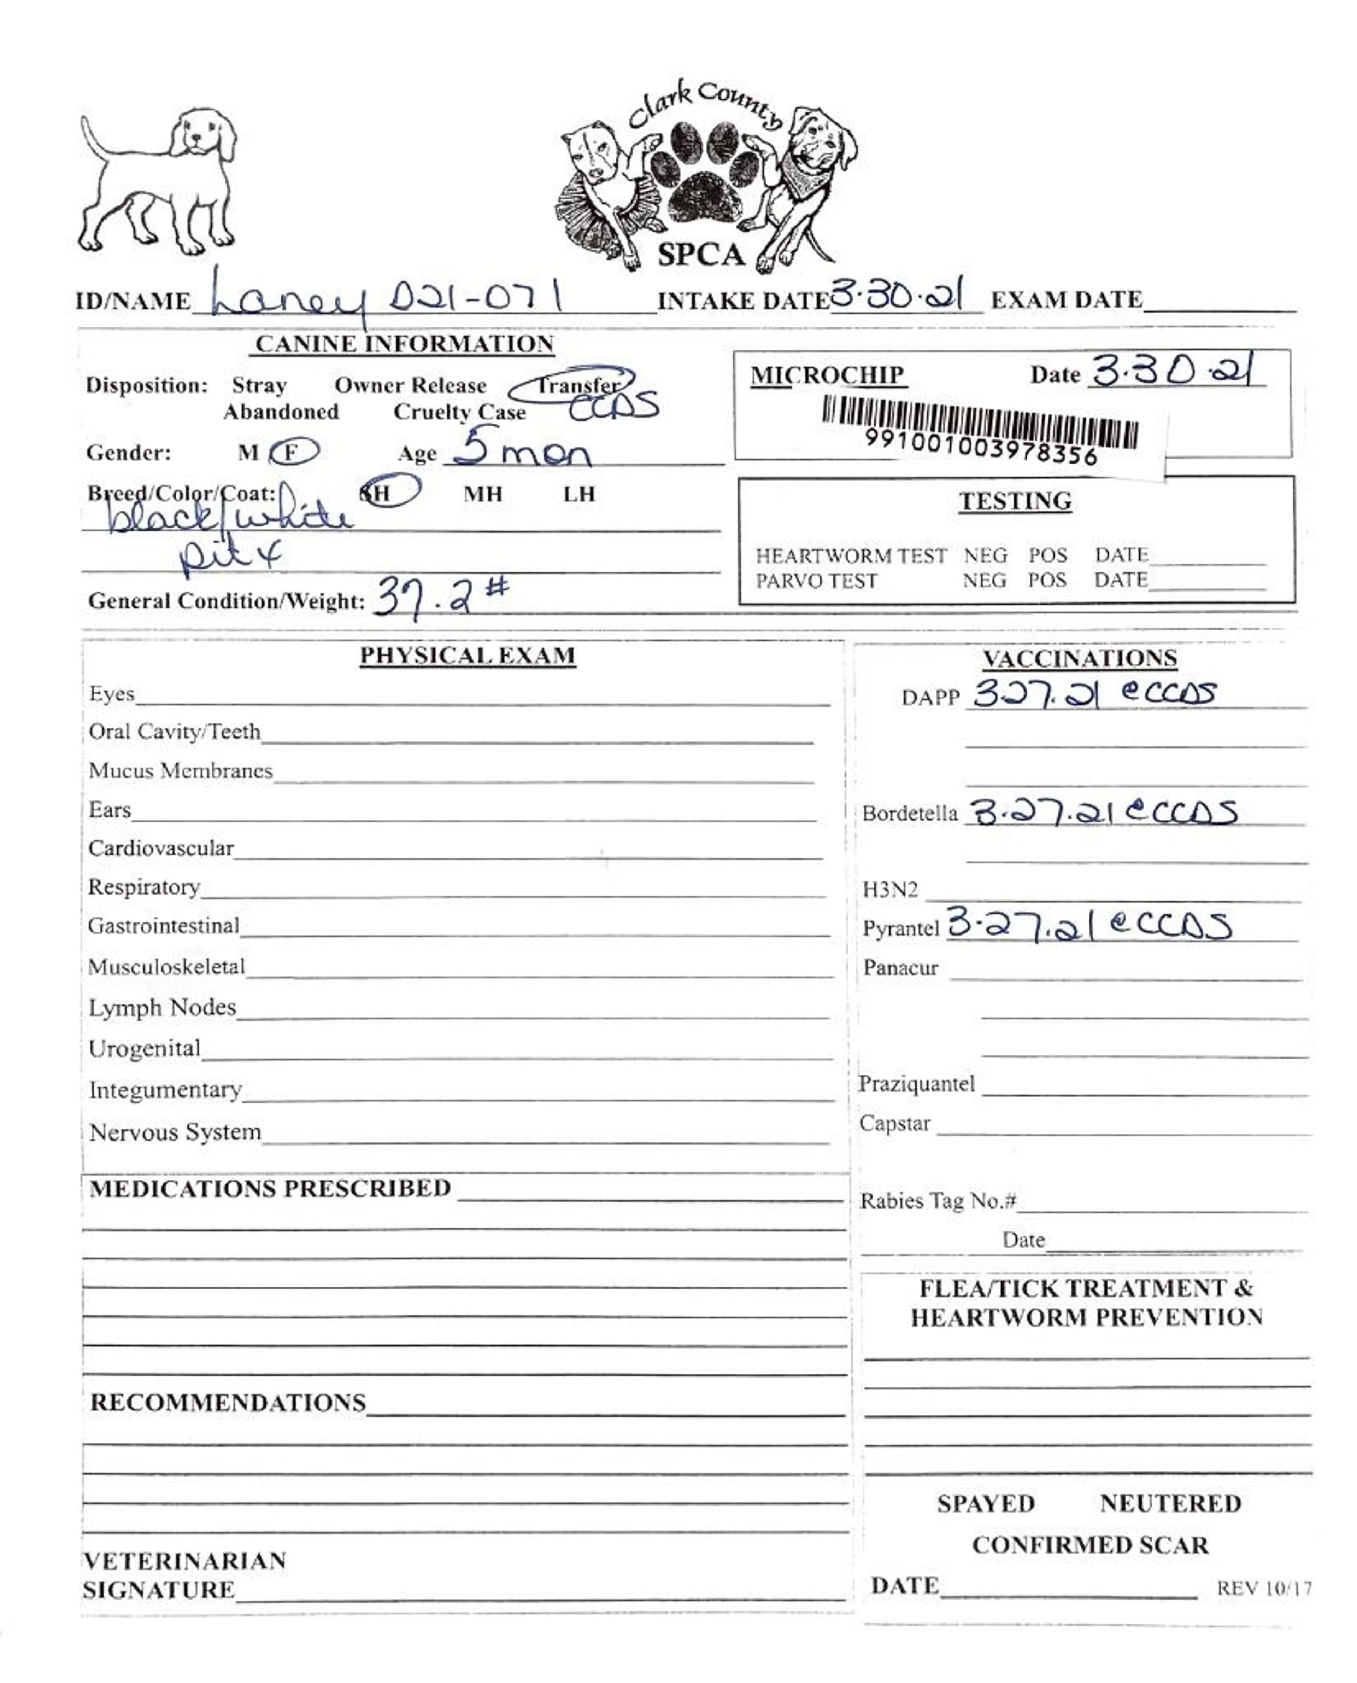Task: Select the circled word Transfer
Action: point(576,385)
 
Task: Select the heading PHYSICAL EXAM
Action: point(468,656)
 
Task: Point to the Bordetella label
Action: point(909,813)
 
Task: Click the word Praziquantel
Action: point(916,1084)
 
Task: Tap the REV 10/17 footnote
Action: point(1263,1588)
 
